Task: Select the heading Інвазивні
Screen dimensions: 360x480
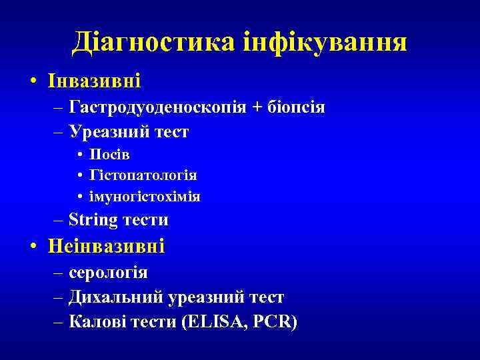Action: tap(94, 81)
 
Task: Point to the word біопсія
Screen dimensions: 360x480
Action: tap(299, 107)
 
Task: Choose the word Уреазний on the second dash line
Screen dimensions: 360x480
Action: tap(106, 132)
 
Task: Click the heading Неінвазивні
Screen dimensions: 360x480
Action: tap(106, 247)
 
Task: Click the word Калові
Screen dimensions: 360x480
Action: tap(97, 322)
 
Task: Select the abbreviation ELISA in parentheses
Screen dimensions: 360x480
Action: tap(212, 322)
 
